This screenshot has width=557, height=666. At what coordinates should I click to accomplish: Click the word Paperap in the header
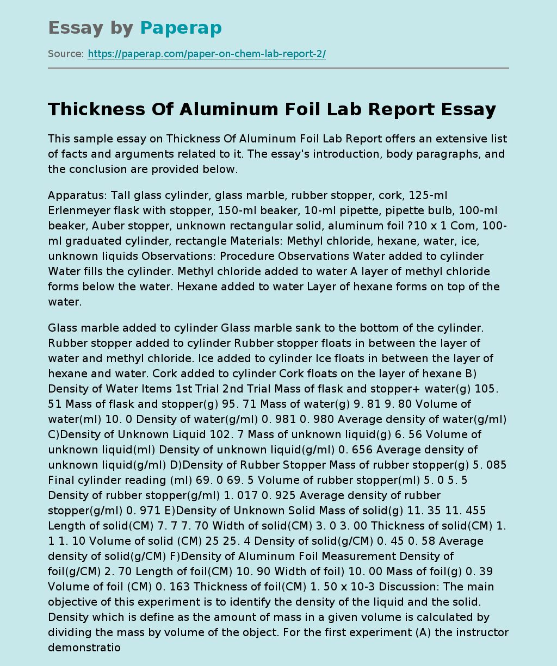[x=181, y=28]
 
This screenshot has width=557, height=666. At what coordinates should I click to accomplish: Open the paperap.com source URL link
[x=207, y=54]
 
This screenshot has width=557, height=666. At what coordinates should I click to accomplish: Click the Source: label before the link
[x=66, y=54]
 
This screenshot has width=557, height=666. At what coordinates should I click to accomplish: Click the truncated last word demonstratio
[x=84, y=648]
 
